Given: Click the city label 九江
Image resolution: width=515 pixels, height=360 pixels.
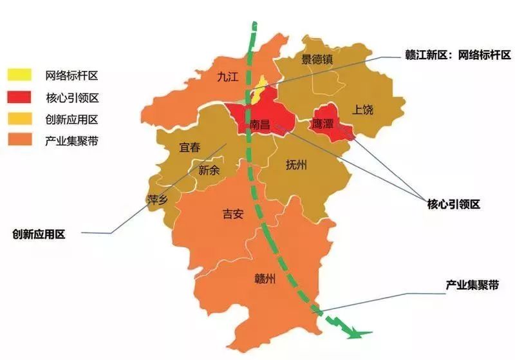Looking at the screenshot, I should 227,77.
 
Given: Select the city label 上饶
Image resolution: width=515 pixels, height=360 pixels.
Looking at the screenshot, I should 362,109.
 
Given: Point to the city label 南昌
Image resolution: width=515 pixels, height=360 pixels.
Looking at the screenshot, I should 261,124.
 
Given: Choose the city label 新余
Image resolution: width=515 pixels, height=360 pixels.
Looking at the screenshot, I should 209,171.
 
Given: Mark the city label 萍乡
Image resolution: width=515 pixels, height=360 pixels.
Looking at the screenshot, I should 158,200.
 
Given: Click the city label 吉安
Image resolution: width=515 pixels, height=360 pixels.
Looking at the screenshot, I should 233,214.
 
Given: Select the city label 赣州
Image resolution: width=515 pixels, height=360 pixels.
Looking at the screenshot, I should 265,278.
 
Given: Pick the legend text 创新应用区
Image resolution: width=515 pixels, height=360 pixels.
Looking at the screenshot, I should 71,119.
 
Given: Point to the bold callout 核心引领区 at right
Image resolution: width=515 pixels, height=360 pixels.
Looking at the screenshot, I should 453,204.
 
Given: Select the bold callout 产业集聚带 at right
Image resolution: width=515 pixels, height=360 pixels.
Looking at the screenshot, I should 472,284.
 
